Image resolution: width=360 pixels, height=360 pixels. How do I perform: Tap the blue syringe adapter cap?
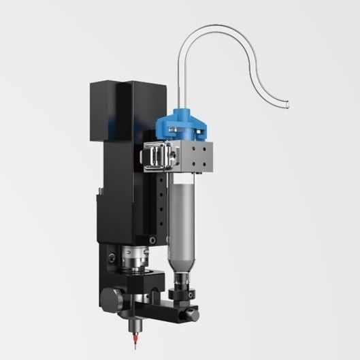pyautogui.click(x=180, y=126)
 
